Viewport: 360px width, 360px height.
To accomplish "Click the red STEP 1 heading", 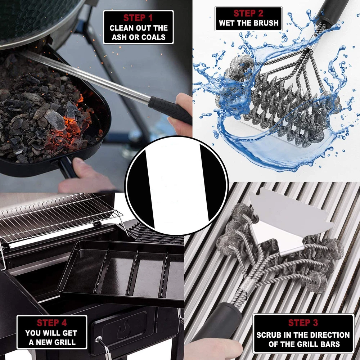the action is [x=138, y=18].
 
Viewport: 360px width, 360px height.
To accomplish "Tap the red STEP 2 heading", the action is [x=248, y=13].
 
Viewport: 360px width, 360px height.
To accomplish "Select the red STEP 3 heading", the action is [x=303, y=323].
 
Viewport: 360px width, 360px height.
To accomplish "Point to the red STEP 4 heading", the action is [x=51, y=323].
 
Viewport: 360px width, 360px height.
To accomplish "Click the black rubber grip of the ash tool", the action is [x=170, y=110].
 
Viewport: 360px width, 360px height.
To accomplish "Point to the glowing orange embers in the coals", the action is [x=73, y=124].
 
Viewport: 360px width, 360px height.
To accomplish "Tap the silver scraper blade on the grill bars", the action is [x=289, y=220].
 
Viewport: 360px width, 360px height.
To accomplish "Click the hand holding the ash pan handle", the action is [x=87, y=177].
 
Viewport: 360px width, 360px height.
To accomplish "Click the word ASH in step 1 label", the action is [x=119, y=37].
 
